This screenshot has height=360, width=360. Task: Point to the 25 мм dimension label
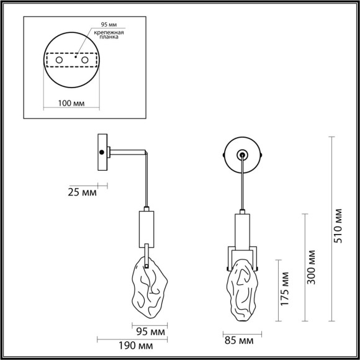point(81,193)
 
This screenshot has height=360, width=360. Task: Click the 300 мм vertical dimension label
point(312,267)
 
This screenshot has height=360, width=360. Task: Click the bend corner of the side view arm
point(146,152)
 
